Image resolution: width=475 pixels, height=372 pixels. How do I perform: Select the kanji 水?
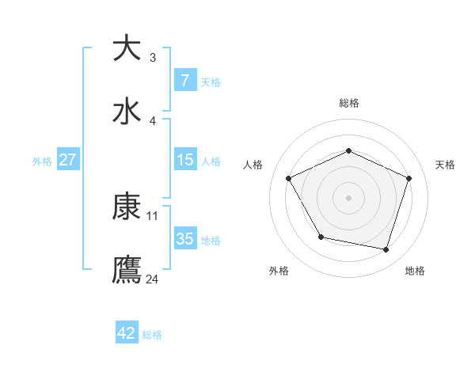click(127, 111)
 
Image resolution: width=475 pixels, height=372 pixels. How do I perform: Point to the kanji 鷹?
click(127, 269)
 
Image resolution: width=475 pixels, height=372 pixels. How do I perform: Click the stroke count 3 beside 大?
click(153, 57)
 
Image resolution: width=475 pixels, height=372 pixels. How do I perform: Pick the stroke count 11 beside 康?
click(153, 215)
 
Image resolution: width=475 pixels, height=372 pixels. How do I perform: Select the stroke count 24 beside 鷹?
click(153, 279)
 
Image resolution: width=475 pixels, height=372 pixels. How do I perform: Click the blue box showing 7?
click(184, 80)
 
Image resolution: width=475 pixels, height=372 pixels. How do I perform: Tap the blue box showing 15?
click(184, 159)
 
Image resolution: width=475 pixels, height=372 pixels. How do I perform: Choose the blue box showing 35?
click(184, 238)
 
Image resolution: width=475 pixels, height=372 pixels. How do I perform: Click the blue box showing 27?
click(67, 159)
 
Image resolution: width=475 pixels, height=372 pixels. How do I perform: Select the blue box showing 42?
click(127, 333)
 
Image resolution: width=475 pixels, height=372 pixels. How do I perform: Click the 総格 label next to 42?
click(153, 335)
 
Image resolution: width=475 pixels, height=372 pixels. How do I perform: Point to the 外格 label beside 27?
click(42, 161)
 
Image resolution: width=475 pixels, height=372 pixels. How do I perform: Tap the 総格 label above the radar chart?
click(349, 103)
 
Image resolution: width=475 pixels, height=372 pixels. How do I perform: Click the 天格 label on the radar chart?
click(445, 165)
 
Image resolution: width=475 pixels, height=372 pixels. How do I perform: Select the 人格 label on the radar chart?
click(253, 165)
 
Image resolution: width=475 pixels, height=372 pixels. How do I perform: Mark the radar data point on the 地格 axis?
click(386, 249)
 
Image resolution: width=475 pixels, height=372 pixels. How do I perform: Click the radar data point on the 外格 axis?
click(321, 237)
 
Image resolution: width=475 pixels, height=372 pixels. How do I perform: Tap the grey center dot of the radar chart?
click(349, 197)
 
